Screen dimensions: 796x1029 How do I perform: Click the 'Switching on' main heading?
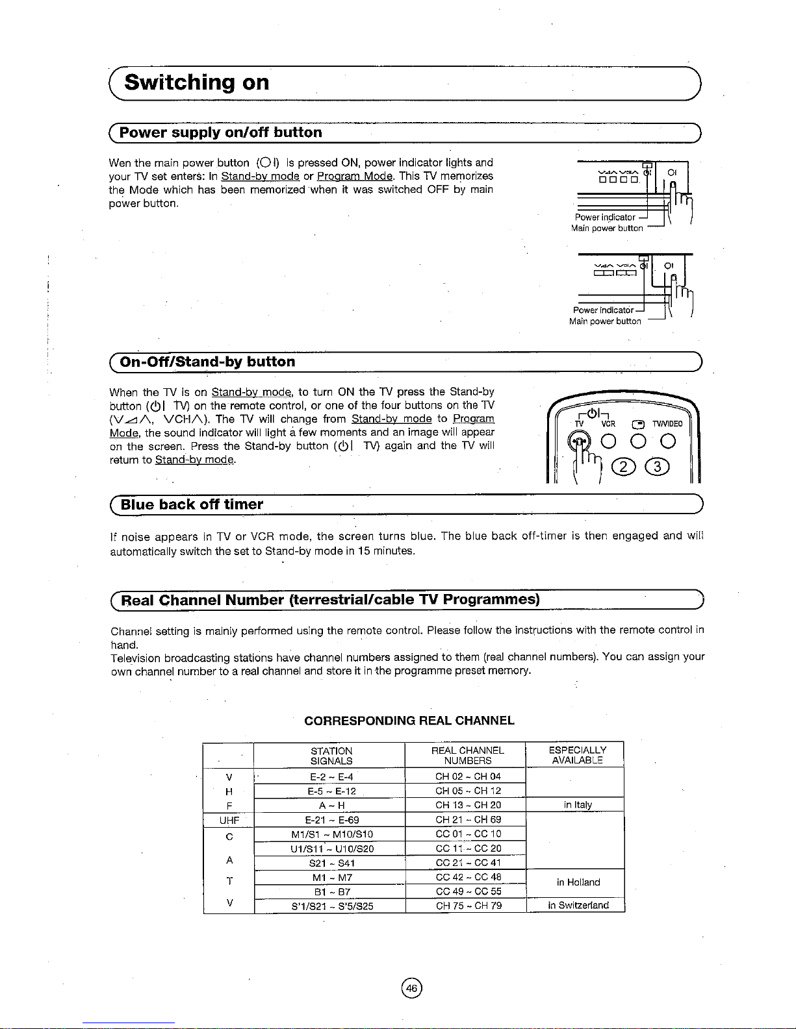click(x=197, y=83)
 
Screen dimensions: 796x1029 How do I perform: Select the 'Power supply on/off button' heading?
click(x=221, y=132)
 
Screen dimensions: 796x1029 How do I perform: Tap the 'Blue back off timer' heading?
click(x=192, y=504)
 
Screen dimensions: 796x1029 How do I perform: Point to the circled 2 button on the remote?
click(x=624, y=467)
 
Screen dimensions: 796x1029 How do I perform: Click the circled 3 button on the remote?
click(x=657, y=467)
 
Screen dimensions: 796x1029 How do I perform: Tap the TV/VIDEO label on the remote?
click(x=667, y=424)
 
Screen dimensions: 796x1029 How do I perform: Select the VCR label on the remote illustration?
click(x=608, y=424)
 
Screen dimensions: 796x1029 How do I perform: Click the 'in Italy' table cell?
click(x=578, y=805)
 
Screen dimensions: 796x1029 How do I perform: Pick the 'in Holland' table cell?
click(x=578, y=882)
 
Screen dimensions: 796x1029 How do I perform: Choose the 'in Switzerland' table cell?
click(x=578, y=906)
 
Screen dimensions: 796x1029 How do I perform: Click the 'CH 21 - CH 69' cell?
click(x=468, y=820)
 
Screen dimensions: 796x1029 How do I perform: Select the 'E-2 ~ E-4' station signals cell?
click(x=331, y=776)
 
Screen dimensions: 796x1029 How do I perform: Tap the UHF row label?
click(x=229, y=820)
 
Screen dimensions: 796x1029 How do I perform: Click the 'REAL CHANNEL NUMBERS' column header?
click(x=468, y=755)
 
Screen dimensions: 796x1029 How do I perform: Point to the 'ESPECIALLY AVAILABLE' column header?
click(x=578, y=755)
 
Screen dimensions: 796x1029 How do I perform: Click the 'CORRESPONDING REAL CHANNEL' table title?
click(x=409, y=721)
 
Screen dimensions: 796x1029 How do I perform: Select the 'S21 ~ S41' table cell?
click(x=331, y=863)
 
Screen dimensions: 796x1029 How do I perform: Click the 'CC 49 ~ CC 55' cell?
click(x=469, y=891)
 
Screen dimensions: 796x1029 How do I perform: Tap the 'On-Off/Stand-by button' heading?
click(x=207, y=362)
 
